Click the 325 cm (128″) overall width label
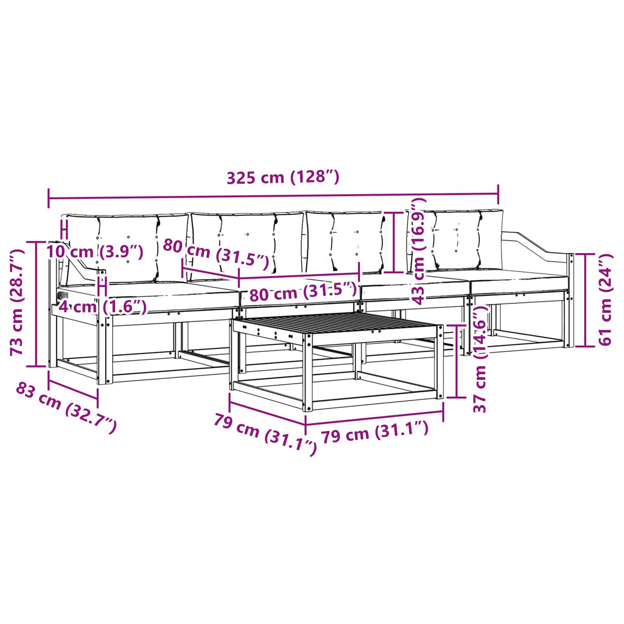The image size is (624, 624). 283,177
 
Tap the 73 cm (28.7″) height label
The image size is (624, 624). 17,302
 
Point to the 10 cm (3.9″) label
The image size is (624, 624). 95,251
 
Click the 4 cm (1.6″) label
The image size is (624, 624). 103,306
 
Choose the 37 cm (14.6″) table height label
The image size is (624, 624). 480,359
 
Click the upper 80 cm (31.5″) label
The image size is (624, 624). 216,253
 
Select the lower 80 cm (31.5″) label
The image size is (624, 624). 303,292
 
